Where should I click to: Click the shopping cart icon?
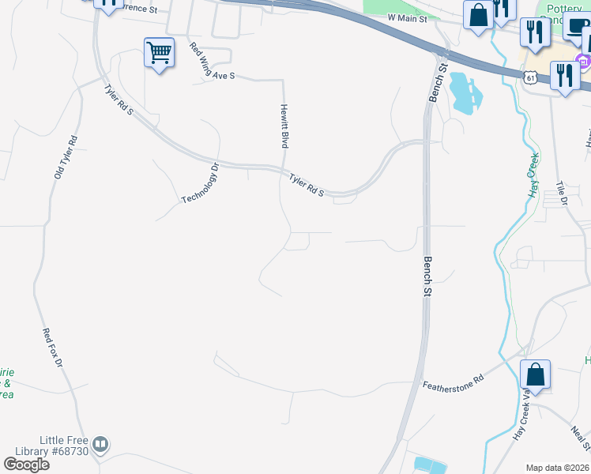159,54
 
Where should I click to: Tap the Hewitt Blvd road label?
283,126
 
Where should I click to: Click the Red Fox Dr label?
52,348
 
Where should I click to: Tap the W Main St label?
407,17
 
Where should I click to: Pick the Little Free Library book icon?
100,445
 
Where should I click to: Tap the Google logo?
25,465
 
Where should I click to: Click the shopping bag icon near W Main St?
478,15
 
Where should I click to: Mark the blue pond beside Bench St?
465,93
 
